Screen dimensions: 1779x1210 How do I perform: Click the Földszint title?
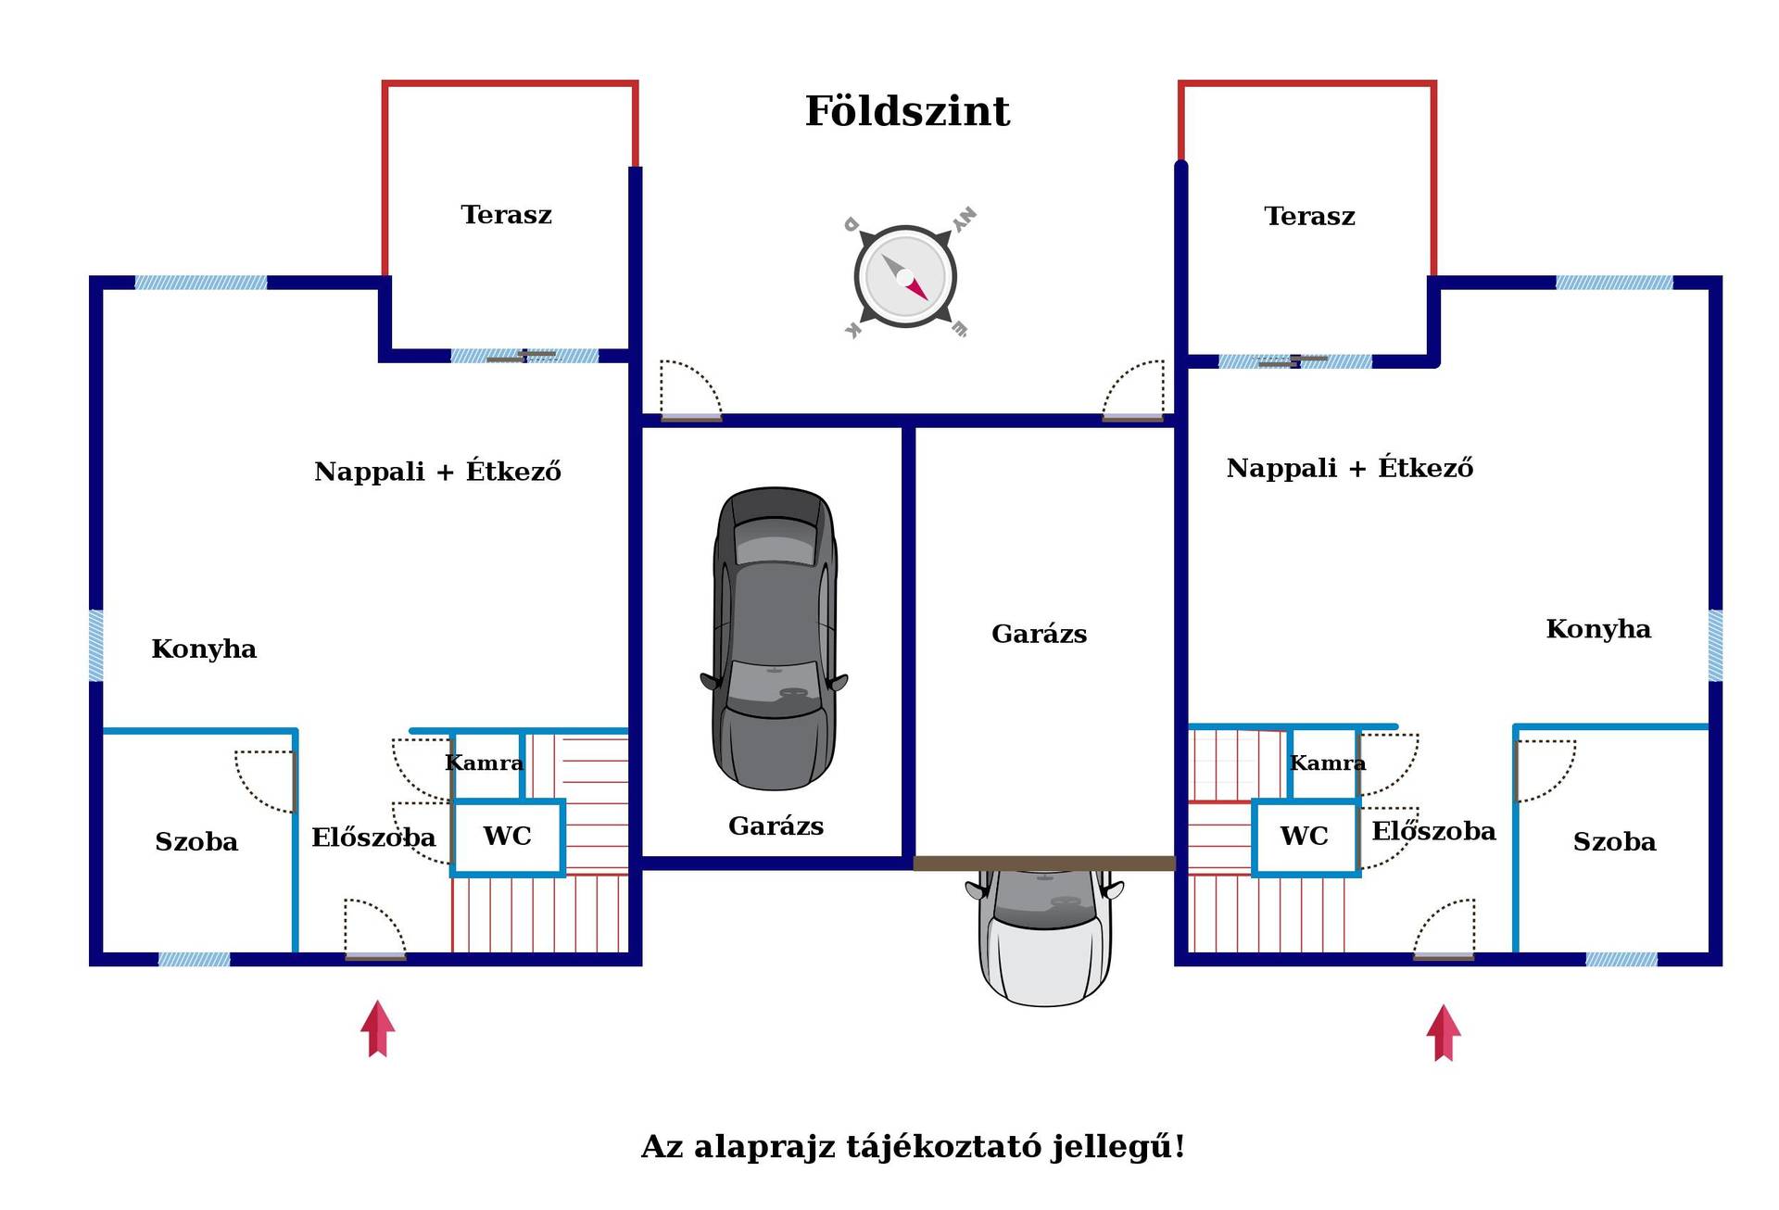(x=907, y=111)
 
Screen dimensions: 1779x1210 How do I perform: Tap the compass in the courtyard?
(x=905, y=275)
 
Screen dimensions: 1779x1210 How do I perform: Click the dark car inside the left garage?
(x=775, y=638)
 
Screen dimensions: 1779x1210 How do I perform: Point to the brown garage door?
(x=1044, y=863)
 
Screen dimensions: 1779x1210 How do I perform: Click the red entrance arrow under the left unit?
(x=378, y=1028)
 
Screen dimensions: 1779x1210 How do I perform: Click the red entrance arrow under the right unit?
(x=1444, y=1033)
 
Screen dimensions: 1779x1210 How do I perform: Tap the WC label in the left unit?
(x=507, y=837)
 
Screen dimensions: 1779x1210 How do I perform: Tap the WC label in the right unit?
(x=1304, y=837)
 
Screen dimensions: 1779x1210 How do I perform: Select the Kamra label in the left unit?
(x=484, y=763)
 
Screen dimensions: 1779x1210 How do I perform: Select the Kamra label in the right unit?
(x=1328, y=763)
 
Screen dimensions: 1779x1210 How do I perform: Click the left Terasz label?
(x=506, y=215)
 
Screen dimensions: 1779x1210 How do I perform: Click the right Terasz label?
(x=1309, y=217)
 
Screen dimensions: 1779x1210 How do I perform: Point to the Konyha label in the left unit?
(x=204, y=649)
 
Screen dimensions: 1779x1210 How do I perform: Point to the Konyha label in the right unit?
(x=1598, y=629)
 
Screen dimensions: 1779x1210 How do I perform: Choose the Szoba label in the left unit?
(x=196, y=842)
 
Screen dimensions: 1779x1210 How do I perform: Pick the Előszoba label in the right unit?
(x=1433, y=830)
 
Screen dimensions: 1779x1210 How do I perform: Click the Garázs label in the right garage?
(x=1039, y=635)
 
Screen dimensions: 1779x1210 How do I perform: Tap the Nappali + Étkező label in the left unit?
(x=437, y=471)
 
